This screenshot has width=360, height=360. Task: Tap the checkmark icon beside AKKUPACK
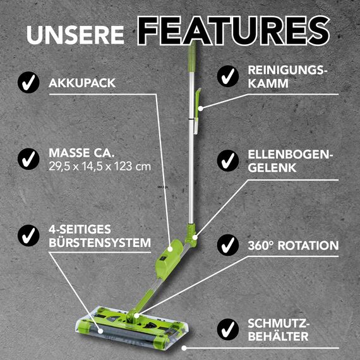click(27, 82)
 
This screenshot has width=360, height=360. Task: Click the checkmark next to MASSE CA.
click(27, 159)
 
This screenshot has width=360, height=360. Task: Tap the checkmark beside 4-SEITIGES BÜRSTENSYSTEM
click(27, 236)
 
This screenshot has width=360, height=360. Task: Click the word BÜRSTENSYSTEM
click(99, 243)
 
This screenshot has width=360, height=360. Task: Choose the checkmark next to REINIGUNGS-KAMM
click(227, 76)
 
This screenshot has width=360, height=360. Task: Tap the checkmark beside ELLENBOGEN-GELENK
click(227, 161)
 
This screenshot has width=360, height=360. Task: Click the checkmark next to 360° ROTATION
click(227, 245)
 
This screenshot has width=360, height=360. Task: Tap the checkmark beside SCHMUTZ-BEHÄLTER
click(227, 329)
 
